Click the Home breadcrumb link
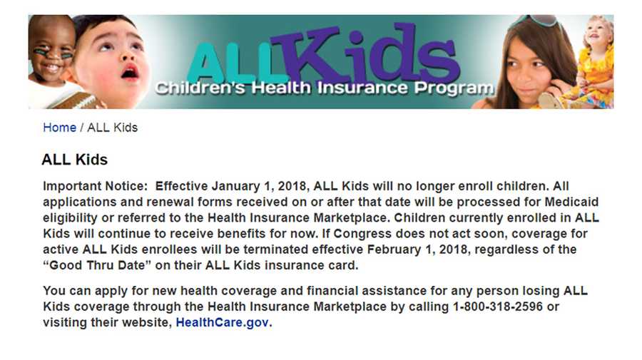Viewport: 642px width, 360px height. (59, 128)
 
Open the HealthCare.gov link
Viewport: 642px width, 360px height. (223, 322)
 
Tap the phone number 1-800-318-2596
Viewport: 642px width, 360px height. (497, 307)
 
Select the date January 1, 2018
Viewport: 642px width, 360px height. (259, 186)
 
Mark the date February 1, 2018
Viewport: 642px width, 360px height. (417, 250)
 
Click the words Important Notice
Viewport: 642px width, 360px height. (95, 186)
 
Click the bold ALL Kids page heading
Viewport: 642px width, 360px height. (74, 160)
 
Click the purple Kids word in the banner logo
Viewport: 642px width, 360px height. (365, 53)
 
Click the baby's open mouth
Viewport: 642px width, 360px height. (130, 73)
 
